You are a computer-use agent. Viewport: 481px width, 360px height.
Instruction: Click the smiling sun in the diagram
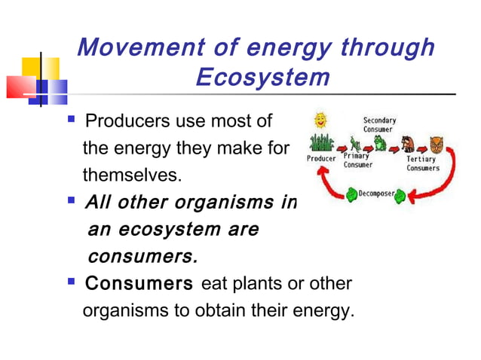[x=322, y=120]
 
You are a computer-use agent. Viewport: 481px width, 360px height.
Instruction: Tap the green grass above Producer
[x=322, y=142]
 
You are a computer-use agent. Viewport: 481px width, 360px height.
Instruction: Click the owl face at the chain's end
[x=434, y=143]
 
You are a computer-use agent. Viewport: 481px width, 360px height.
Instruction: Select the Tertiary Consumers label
[x=423, y=163]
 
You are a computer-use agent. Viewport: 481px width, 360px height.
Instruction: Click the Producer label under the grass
[x=321, y=159]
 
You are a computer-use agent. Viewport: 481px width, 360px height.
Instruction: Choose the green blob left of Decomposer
[x=352, y=195]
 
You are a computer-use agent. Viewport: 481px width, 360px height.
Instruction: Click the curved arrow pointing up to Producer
[x=324, y=185]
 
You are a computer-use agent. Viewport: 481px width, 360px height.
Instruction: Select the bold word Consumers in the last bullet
[x=139, y=285]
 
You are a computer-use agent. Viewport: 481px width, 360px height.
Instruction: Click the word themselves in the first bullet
[x=133, y=175]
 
